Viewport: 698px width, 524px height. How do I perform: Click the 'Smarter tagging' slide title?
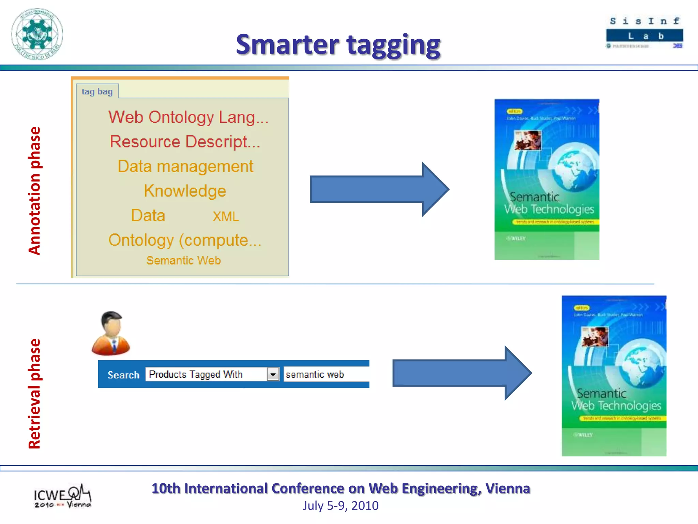(x=338, y=44)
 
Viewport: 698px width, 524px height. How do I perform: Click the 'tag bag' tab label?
(x=97, y=91)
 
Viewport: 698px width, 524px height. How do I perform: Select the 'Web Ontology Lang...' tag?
(x=188, y=117)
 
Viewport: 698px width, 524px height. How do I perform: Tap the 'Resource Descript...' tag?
(x=185, y=142)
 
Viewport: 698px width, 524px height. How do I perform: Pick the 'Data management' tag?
(x=185, y=166)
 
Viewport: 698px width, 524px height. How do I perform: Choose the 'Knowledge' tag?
(x=185, y=191)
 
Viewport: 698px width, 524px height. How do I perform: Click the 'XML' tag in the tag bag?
(x=226, y=217)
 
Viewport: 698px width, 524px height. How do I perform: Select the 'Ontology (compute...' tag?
(x=185, y=240)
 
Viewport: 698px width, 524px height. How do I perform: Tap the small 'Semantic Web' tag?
(x=184, y=261)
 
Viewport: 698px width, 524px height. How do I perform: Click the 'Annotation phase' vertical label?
(x=34, y=191)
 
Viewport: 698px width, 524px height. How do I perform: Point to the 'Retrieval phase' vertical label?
(x=34, y=394)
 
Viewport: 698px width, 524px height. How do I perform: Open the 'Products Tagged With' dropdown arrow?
(x=273, y=374)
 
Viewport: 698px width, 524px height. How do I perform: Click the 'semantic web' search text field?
(x=326, y=374)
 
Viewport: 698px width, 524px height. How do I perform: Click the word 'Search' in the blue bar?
(x=123, y=375)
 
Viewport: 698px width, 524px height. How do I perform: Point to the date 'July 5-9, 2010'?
(x=340, y=506)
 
